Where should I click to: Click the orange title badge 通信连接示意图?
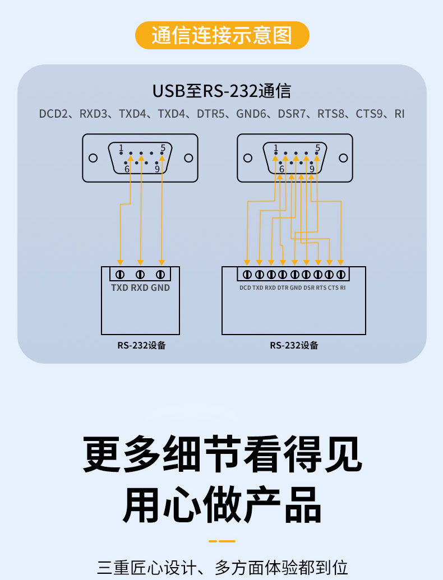222,35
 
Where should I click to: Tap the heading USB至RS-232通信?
221,91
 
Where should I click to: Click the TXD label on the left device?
119,288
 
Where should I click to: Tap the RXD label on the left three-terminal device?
140,288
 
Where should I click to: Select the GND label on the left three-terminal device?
160,288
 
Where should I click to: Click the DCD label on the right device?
245,288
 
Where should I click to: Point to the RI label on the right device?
343,288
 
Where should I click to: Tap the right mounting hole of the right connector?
343,158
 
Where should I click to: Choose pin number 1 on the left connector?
121,148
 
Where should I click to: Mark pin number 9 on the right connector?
312,168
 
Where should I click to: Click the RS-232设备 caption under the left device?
141,345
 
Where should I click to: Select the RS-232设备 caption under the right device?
294,345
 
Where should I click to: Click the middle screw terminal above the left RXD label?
140,274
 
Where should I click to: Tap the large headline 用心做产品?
222,504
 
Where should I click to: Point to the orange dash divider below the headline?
222,541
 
